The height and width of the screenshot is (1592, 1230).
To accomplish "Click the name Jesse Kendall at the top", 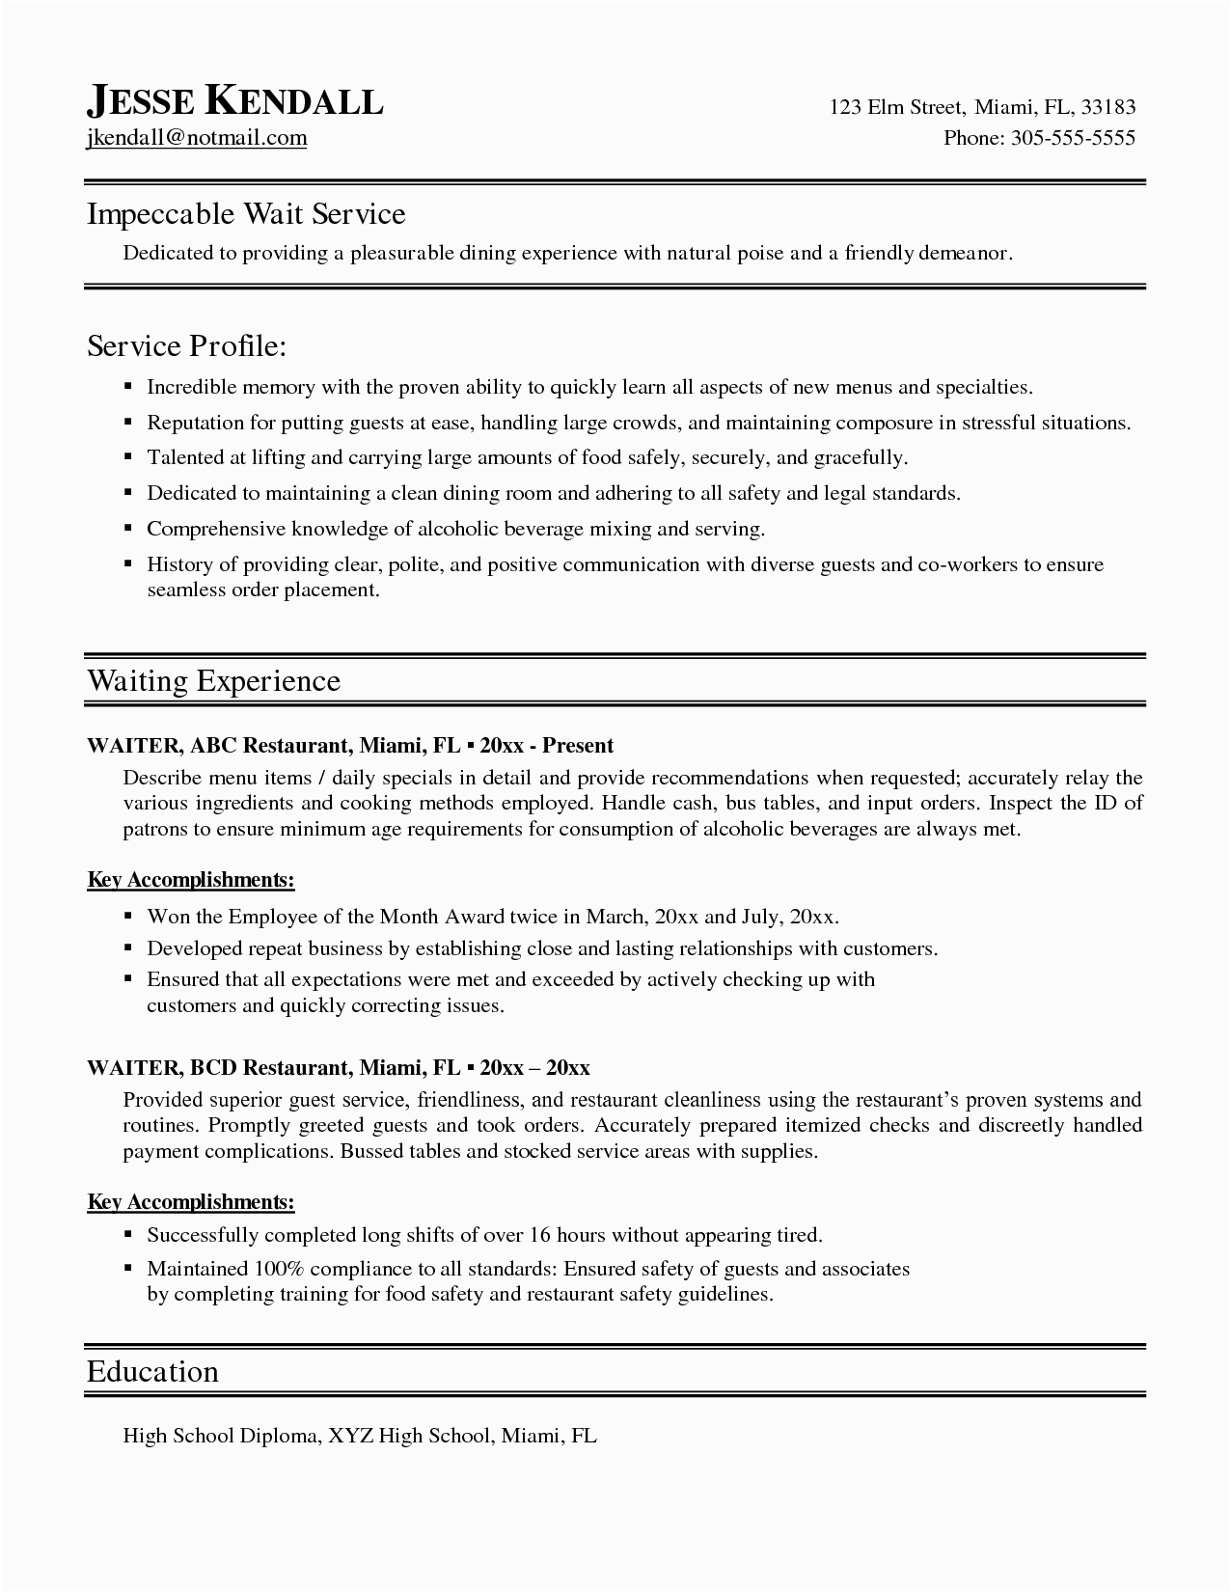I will (235, 100).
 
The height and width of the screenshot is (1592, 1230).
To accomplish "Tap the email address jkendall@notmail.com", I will (197, 138).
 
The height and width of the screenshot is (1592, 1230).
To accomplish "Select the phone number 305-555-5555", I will (1073, 138).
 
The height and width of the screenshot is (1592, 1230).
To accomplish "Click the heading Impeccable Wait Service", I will (246, 213).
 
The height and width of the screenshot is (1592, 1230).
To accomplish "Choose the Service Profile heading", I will (187, 345).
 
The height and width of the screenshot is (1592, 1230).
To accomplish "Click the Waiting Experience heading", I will (213, 681).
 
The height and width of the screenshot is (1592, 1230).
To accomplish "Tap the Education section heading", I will (152, 1372).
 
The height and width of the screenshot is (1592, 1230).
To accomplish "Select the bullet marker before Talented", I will (127, 457).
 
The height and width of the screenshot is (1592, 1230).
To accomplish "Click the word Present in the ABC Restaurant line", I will (578, 745).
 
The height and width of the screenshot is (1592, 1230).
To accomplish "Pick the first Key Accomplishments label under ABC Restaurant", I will (191, 880).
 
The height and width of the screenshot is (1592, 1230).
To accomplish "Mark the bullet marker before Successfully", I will (127, 1234).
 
